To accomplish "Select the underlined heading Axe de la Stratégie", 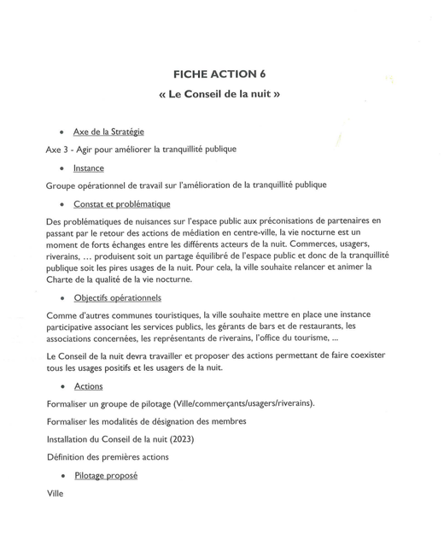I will [108, 132].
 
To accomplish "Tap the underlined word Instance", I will [89, 168].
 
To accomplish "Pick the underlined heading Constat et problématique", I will [121, 204].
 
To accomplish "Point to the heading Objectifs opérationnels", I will [117, 298].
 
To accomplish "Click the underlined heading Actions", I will [89, 387].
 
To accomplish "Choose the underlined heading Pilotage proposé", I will [105, 475].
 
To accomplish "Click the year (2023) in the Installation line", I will [180, 439].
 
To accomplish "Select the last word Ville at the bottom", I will [55, 493].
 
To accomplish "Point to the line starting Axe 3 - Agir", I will [141, 150].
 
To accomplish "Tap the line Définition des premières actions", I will [108, 457].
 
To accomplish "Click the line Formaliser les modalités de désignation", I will [147, 421].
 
